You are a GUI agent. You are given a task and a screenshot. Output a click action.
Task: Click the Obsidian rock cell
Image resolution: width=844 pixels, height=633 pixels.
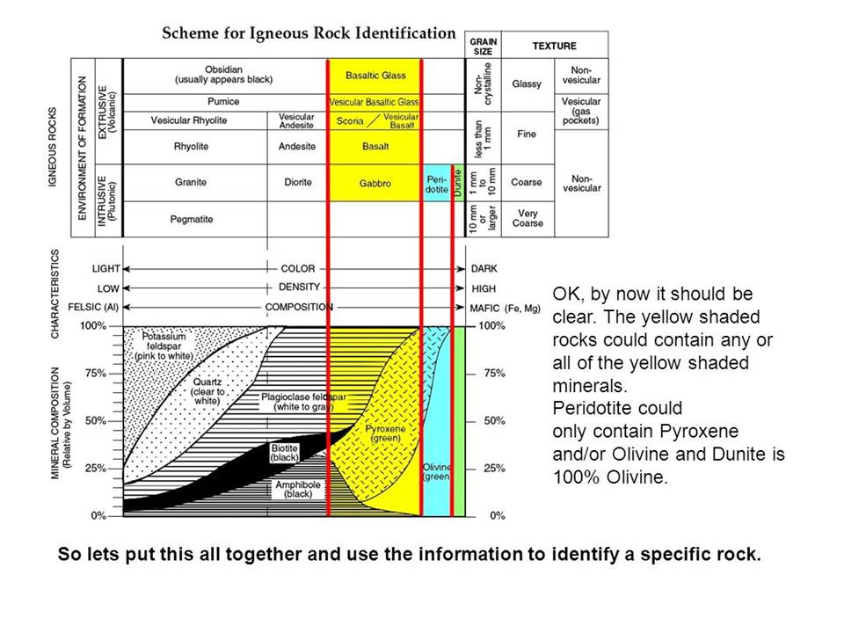pos(224,75)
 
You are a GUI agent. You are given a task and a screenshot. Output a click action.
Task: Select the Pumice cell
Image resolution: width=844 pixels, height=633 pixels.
pos(224,102)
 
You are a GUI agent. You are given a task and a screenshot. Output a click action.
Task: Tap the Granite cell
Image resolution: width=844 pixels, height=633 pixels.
pos(191,183)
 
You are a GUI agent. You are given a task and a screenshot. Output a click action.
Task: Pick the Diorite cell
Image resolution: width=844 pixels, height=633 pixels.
pos(298,183)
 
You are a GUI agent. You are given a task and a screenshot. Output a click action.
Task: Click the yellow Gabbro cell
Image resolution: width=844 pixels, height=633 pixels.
pos(375,183)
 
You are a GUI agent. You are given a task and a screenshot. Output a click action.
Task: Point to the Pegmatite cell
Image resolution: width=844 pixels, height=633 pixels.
pos(192,219)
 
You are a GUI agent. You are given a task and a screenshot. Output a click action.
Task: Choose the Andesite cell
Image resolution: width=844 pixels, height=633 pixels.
pos(297,147)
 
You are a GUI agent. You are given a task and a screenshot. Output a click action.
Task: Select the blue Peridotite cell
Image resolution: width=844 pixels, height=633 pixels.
pos(437,184)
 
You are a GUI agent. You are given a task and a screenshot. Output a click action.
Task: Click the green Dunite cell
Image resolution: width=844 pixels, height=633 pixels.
pos(458,183)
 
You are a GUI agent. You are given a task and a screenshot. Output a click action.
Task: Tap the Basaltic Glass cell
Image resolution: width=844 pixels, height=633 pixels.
pos(375,76)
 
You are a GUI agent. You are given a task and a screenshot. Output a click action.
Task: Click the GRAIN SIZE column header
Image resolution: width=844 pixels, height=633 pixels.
pos(483,46)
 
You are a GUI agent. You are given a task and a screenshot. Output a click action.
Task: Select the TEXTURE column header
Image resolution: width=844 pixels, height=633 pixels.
pos(555,46)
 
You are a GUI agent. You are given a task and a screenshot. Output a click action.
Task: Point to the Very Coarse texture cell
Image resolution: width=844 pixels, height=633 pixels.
pos(527,219)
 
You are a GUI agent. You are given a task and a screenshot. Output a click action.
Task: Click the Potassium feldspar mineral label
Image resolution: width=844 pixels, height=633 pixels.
pos(164,346)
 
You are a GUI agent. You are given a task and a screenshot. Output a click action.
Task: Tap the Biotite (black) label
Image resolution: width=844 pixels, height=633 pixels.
pos(284,453)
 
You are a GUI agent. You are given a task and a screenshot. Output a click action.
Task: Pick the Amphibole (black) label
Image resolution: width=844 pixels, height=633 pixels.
pos(298,490)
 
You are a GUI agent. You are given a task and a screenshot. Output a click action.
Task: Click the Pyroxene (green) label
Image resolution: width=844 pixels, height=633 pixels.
pos(385,433)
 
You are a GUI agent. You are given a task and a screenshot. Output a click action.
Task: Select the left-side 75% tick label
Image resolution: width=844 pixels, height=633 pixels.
pos(95,373)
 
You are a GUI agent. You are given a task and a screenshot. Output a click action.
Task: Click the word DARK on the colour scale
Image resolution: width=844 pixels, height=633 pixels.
pos(484,269)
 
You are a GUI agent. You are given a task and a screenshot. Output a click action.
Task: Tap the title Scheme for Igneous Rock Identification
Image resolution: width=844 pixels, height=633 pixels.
pos(309,33)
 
